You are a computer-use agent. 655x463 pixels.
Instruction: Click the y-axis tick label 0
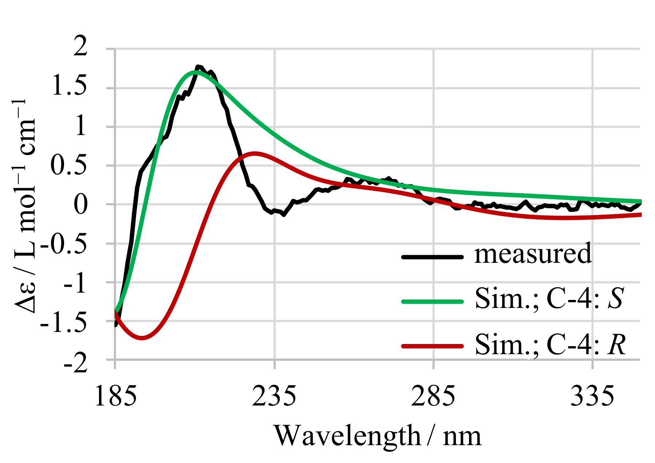click(x=80, y=204)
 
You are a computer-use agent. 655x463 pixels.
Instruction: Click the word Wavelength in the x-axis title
click(x=348, y=436)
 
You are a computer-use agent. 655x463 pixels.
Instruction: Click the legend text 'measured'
click(x=533, y=254)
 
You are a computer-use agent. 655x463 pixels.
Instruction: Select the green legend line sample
click(x=432, y=301)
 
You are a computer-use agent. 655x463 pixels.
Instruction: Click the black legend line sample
click(x=432, y=257)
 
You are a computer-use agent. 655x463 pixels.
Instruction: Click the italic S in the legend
click(x=616, y=298)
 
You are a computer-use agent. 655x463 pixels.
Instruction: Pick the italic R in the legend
click(x=616, y=344)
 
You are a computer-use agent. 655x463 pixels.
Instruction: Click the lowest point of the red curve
click(x=142, y=338)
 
